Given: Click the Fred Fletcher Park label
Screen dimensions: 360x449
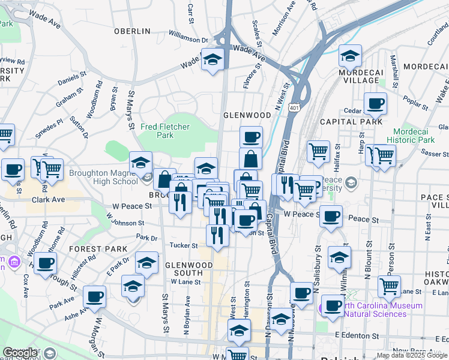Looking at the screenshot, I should (x=165, y=131).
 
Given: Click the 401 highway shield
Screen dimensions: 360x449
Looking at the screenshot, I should (x=294, y=107).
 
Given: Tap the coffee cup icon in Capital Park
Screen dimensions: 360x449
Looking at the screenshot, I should (x=375, y=104).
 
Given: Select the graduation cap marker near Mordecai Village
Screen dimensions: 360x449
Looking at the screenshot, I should (x=350, y=56).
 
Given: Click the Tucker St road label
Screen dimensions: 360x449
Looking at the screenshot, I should (x=184, y=245).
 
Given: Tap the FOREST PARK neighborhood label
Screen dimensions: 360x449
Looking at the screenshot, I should (x=98, y=248).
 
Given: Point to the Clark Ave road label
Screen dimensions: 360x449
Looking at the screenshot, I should (x=48, y=200).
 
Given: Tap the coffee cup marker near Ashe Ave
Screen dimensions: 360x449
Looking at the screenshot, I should (x=95, y=296).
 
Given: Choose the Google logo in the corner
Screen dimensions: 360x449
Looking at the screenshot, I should (x=20, y=353).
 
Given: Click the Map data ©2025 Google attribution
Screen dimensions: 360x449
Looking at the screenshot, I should (x=411, y=355).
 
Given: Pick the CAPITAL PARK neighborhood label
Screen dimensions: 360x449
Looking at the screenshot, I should (x=360, y=122).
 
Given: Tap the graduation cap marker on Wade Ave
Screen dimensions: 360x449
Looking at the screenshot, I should (x=212, y=59).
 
